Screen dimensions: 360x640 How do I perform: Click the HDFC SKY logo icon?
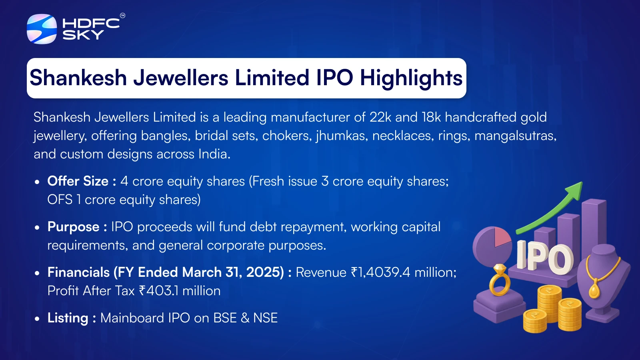pos(42,29)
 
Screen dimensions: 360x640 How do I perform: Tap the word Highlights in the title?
pos(411,78)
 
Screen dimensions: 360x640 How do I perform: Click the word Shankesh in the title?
pos(78,78)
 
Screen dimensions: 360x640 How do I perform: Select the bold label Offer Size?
pos(78,181)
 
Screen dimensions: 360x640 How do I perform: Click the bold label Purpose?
pos(73,227)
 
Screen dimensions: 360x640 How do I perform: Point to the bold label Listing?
pos(68,318)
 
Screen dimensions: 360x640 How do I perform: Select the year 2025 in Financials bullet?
pos(264,272)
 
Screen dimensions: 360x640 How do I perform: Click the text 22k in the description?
pos(380,117)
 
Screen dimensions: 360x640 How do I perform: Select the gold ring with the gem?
pos(500,280)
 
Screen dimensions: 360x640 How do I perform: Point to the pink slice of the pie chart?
pos(502,237)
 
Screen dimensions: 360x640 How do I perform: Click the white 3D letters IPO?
pos(545,258)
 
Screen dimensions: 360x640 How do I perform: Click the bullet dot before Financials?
pos(37,273)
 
